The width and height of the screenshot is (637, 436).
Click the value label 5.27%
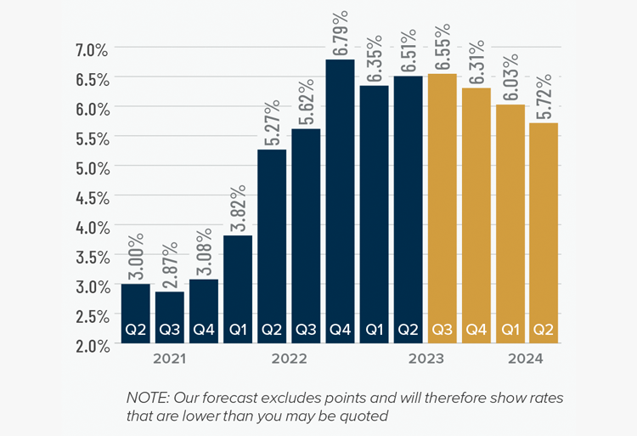(271, 122)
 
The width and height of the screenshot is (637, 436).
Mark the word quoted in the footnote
(366, 416)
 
